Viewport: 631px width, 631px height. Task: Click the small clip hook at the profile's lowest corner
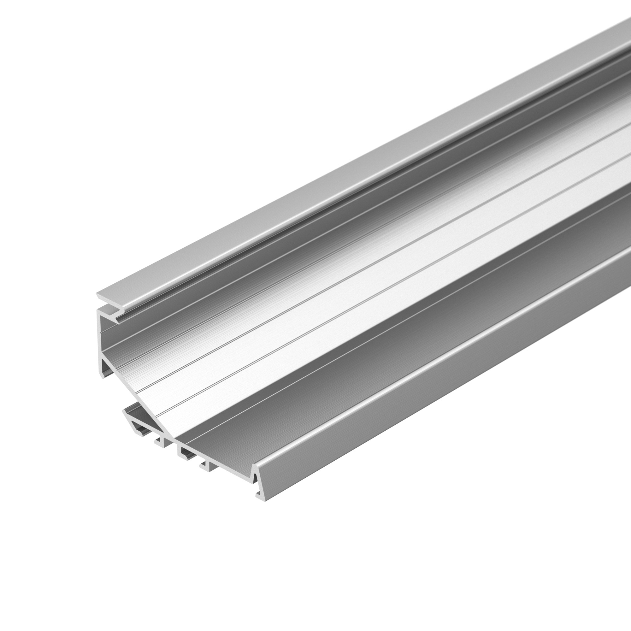coord(260,498)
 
